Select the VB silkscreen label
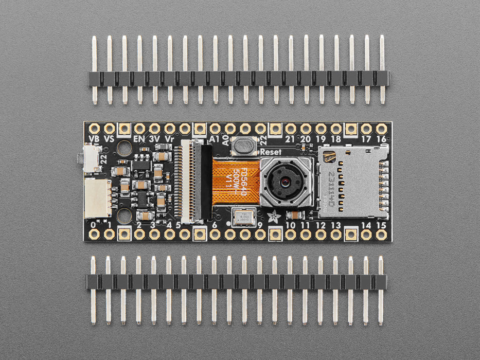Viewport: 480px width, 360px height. coord(94,139)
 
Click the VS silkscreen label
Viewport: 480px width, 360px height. coord(109,139)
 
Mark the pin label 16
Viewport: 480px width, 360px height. coord(381,139)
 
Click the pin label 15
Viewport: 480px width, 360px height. coord(381,225)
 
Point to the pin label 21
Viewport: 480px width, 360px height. coord(291,139)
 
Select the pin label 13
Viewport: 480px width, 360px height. coord(336,225)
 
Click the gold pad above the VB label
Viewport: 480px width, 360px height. coord(94,129)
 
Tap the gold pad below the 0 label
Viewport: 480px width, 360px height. coord(94,235)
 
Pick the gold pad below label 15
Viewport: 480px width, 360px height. coord(381,235)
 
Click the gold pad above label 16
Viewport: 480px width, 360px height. coord(381,129)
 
